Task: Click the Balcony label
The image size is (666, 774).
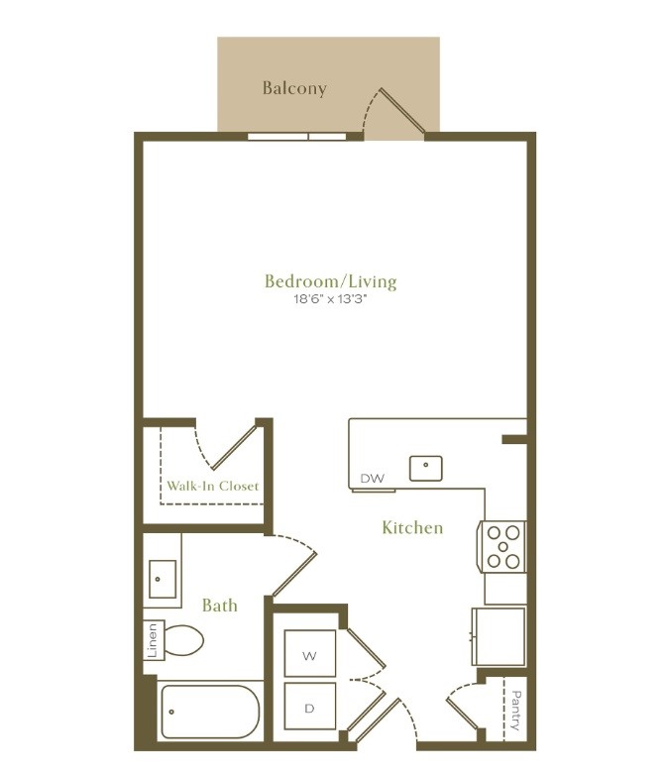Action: coord(294,88)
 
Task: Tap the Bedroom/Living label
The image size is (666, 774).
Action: coord(331,281)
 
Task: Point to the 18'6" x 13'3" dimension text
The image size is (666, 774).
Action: coord(331,299)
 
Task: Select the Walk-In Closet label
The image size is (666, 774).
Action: coord(213,487)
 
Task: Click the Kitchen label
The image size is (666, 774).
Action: coord(412,527)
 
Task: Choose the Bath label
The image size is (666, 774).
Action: coord(220,606)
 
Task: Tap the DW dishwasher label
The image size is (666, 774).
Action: coord(373,479)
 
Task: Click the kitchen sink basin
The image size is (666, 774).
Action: coord(425,469)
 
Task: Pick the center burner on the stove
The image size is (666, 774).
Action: coord(502,547)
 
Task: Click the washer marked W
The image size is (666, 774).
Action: coord(310,653)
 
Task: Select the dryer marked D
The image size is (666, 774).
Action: coord(310,707)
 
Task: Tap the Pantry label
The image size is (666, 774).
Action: coord(516,711)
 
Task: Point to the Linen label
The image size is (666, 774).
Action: coord(152,640)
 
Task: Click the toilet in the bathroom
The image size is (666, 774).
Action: coord(182,640)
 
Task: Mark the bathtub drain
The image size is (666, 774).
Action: coord(171,712)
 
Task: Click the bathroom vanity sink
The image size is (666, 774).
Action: coord(163,579)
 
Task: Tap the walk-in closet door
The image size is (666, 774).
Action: coord(234,448)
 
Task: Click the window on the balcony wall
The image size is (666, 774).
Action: coord(296,137)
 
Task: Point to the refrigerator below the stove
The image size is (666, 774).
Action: coord(499,636)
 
